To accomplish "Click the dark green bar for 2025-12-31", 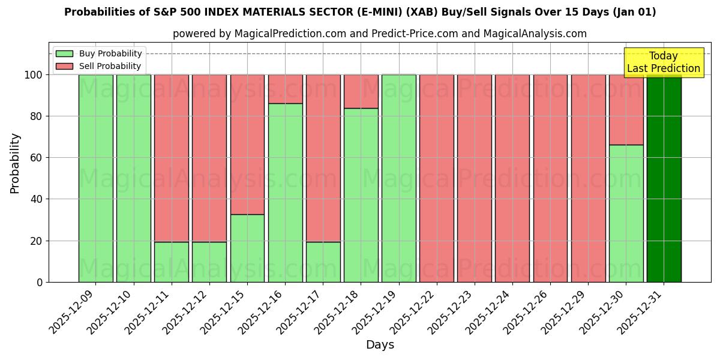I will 664,178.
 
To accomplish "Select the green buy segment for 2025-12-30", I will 626,213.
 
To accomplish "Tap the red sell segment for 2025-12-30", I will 626,109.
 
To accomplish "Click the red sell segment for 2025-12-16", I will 285,89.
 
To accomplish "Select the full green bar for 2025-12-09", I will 95,178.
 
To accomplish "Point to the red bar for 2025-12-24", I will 512,178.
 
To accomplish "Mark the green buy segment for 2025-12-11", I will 172,262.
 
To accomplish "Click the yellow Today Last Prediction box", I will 664,62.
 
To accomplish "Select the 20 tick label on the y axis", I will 37,241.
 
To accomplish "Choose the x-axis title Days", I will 380,345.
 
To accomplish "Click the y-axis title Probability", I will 15,163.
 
